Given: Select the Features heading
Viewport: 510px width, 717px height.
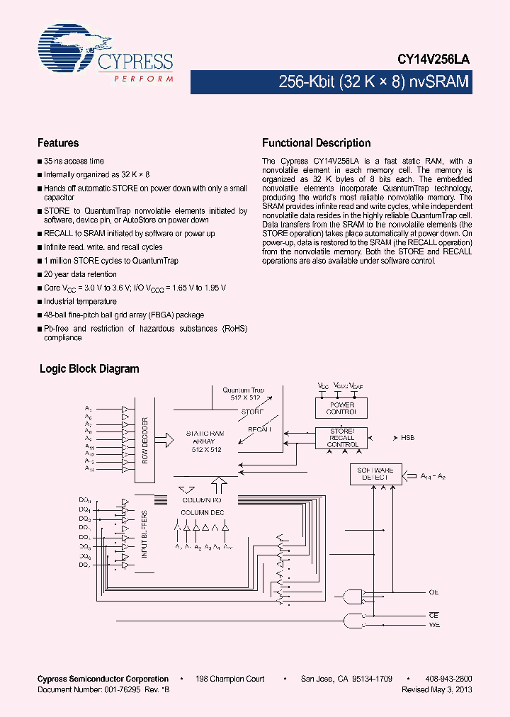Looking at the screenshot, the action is click(58, 143).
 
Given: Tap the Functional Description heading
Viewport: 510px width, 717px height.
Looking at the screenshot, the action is click(316, 143).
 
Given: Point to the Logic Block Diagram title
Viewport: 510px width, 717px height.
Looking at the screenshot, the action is click(89, 369).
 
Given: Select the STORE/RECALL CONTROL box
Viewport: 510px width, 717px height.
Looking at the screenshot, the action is click(342, 438).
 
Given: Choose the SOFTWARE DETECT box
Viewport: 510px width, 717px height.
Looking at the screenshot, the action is click(375, 474).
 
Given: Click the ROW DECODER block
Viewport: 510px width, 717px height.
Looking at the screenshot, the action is click(144, 439).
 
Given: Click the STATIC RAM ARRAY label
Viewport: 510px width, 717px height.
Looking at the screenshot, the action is click(205, 441).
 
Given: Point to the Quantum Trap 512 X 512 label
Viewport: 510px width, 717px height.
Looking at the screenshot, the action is click(243, 394).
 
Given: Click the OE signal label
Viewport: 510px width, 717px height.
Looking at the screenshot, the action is click(433, 592).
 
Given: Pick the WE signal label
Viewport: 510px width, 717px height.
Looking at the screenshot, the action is click(433, 625).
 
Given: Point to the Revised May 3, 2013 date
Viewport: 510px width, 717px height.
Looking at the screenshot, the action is click(436, 689).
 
